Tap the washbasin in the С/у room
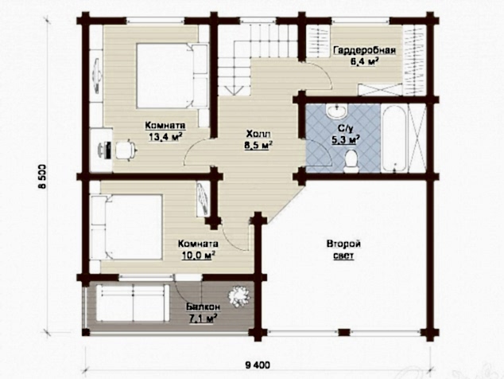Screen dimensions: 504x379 [x=337, y=111]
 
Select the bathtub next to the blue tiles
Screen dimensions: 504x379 [x=394, y=139]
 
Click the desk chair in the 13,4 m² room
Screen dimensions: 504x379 [x=126, y=149]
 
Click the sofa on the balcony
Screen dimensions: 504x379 [x=133, y=303]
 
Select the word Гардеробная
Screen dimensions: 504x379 [x=364, y=51]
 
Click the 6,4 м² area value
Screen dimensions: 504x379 [x=364, y=61]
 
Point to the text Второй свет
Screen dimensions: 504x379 [x=343, y=250]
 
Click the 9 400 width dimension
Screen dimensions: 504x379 [x=258, y=365]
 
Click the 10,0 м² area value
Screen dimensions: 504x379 [x=198, y=255]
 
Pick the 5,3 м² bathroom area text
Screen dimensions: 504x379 [x=345, y=140]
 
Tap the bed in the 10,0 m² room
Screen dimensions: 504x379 [x=126, y=226]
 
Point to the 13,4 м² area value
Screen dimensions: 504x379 [x=165, y=137]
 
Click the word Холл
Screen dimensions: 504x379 [x=258, y=133]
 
